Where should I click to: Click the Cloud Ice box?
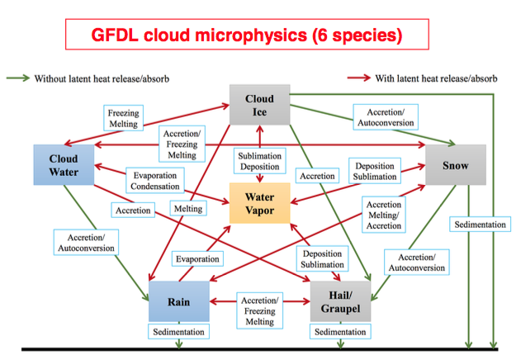point(259,105)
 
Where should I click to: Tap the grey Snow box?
point(455,165)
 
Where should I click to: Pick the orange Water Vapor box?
point(259,203)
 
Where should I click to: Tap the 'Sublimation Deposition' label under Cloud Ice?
point(259,161)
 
